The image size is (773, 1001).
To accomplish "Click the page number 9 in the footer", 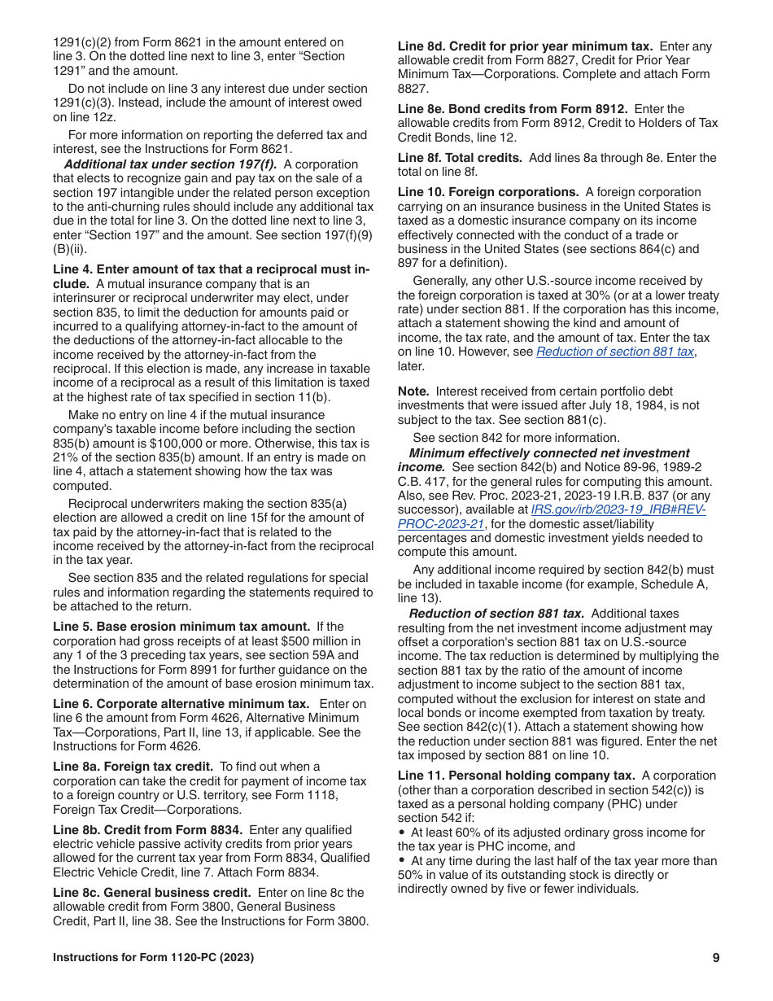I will (x=715, y=958).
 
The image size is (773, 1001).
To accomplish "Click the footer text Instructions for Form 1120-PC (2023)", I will (x=153, y=958).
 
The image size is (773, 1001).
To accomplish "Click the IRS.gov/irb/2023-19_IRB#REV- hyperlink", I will (x=618, y=509).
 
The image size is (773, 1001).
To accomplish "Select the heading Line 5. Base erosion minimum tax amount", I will (x=181, y=627).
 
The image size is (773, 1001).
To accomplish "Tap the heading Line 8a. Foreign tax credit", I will (x=133, y=767).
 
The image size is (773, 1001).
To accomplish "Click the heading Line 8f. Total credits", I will (x=460, y=158).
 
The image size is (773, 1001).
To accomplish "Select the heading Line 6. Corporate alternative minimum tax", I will (x=181, y=703).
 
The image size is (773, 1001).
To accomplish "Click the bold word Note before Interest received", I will (x=413, y=391).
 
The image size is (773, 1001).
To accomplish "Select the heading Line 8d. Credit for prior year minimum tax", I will (x=525, y=46).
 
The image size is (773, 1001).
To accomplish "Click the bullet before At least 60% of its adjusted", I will (x=402, y=833).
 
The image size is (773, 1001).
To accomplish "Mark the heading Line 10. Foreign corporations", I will (x=488, y=192).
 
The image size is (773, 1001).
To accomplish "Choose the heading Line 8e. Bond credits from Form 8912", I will (x=513, y=109).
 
